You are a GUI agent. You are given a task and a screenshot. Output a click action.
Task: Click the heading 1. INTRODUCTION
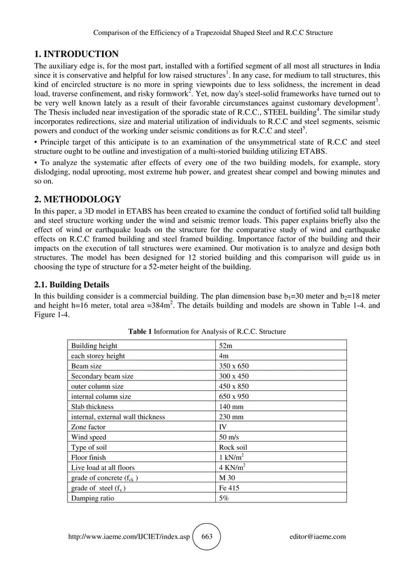76,54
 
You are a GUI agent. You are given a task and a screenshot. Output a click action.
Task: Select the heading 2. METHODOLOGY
78,200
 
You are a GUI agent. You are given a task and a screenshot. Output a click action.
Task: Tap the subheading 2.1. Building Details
71,285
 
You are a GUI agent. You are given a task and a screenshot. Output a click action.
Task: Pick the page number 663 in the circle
206,536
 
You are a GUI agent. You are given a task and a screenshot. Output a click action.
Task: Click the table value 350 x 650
234,366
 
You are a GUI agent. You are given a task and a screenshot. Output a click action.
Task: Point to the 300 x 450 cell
234,376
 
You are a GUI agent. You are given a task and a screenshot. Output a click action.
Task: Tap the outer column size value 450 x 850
234,386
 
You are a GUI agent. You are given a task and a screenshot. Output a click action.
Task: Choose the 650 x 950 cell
234,396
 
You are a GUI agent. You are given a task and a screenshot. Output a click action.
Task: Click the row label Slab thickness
95,407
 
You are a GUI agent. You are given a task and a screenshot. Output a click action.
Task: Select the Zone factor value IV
223,427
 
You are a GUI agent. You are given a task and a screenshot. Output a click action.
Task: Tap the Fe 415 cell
229,487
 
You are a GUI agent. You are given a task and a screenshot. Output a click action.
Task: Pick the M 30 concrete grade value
227,477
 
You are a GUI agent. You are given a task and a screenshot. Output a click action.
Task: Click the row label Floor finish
91,457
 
